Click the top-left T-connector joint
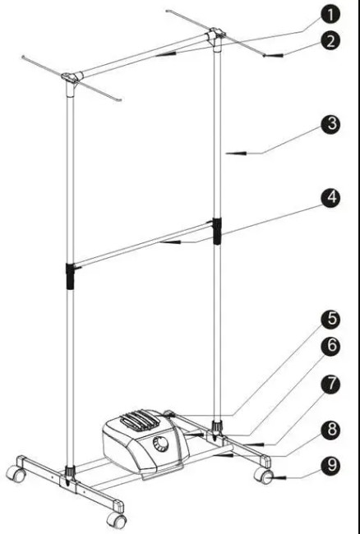pos(73,79)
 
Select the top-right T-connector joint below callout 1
pos(216,35)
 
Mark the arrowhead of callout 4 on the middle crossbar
pos(164,242)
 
